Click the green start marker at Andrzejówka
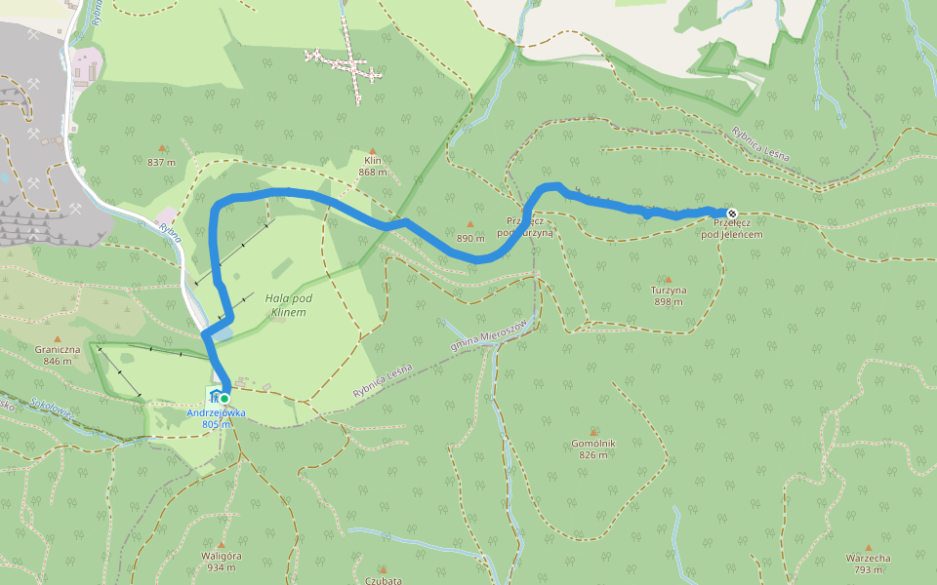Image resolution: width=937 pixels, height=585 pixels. [x=224, y=398]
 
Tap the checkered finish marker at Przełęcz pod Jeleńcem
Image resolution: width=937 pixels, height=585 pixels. [x=731, y=214]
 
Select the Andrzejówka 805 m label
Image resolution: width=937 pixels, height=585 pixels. [x=216, y=418]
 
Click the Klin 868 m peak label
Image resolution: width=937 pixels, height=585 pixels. [x=372, y=166]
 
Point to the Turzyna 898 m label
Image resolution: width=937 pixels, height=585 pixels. [x=669, y=295]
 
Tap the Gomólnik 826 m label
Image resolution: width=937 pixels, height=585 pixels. [x=593, y=448]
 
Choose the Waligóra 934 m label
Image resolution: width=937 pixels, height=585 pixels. [x=221, y=561]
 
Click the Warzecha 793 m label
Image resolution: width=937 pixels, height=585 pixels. [x=868, y=564]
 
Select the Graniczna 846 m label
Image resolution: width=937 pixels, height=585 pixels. [x=56, y=355]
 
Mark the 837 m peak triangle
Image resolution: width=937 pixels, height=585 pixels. [x=162, y=149]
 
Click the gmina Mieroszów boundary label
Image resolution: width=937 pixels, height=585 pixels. [x=487, y=334]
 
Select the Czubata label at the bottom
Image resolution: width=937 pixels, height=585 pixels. [x=383, y=580]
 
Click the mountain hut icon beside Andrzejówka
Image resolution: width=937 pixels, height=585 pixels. [x=213, y=395]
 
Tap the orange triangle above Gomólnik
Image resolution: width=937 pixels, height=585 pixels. [x=592, y=432]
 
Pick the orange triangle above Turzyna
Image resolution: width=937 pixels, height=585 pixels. [x=669, y=279]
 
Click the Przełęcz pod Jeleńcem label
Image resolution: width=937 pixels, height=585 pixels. [x=731, y=228]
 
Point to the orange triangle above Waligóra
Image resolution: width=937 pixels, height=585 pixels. [x=221, y=545]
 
